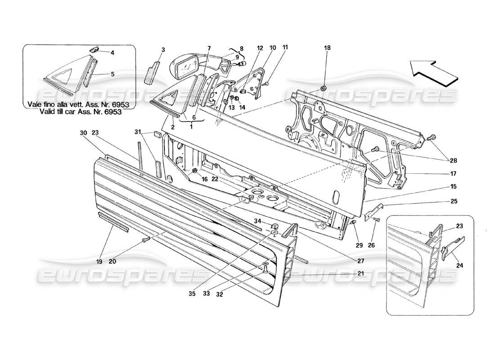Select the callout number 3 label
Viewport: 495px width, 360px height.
click(163, 49)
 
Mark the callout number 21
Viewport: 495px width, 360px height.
click(361, 273)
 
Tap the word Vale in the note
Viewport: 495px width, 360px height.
click(37, 104)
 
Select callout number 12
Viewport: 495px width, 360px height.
click(260, 48)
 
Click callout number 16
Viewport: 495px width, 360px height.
click(205, 179)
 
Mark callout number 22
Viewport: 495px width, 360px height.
click(216, 179)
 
